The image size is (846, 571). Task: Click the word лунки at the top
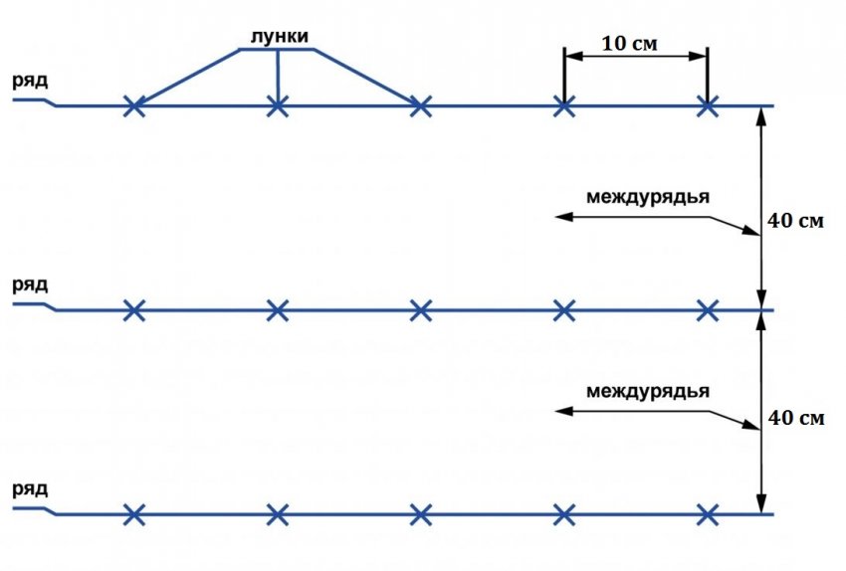pyautogui.click(x=280, y=36)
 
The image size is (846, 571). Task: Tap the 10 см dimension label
pyautogui.click(x=630, y=43)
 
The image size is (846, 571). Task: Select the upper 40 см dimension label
pyautogui.click(x=796, y=221)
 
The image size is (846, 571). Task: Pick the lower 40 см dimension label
pyautogui.click(x=796, y=418)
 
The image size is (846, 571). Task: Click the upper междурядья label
pyautogui.click(x=648, y=197)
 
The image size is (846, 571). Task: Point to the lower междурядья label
pyautogui.click(x=648, y=392)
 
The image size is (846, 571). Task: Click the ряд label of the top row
pyautogui.click(x=30, y=82)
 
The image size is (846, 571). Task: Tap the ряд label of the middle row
pyautogui.click(x=30, y=285)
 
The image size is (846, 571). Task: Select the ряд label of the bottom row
pyautogui.click(x=30, y=489)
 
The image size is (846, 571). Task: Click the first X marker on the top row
pyautogui.click(x=134, y=106)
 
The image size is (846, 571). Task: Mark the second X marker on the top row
pyautogui.click(x=278, y=106)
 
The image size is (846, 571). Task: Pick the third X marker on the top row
pyautogui.click(x=421, y=106)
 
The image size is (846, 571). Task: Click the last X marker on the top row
pyautogui.click(x=708, y=106)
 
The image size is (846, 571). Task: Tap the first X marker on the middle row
pyautogui.click(x=134, y=310)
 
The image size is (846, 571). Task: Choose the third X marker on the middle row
pyautogui.click(x=421, y=310)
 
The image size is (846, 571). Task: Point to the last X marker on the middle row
pyautogui.click(x=708, y=310)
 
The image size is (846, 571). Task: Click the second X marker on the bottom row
pyautogui.click(x=278, y=515)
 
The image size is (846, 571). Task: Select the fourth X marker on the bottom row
pyautogui.click(x=563, y=515)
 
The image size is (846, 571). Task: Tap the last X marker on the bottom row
pyautogui.click(x=708, y=515)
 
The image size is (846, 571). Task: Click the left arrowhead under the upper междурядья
pyautogui.click(x=563, y=217)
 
